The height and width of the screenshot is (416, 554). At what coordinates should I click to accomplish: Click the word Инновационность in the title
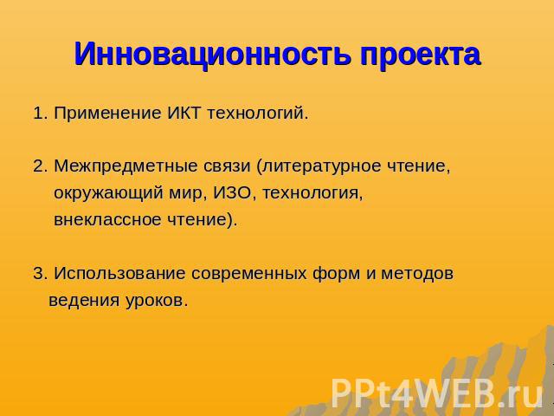pyautogui.click(x=212, y=54)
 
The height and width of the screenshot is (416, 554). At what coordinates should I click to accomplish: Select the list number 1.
pyautogui.click(x=41, y=114)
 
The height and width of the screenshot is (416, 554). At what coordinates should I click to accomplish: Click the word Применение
pyautogui.click(x=107, y=114)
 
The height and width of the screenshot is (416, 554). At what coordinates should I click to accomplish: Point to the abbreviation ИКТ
pyautogui.click(x=184, y=114)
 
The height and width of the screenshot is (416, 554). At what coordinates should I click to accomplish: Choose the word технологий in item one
pyautogui.click(x=257, y=114)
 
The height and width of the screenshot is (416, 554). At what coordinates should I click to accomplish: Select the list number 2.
pyautogui.click(x=41, y=166)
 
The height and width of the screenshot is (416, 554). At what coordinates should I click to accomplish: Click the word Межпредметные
pyautogui.click(x=126, y=166)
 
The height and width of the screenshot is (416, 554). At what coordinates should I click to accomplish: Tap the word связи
pyautogui.click(x=227, y=167)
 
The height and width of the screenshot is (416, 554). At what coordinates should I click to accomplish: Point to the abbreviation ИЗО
pyautogui.click(x=232, y=192)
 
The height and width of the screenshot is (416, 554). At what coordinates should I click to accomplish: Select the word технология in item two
pyautogui.click(x=312, y=193)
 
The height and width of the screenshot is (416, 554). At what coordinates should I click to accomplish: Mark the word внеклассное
pyautogui.click(x=107, y=219)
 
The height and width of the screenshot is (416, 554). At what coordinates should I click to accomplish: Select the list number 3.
pyautogui.click(x=41, y=273)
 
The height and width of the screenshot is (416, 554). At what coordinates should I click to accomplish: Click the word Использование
pyautogui.click(x=119, y=273)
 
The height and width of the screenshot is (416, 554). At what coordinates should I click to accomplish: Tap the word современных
pyautogui.click(x=248, y=274)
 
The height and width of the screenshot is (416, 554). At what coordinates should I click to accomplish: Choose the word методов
pyautogui.click(x=416, y=274)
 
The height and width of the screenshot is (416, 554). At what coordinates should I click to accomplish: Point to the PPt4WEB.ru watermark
pyautogui.click(x=436, y=393)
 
